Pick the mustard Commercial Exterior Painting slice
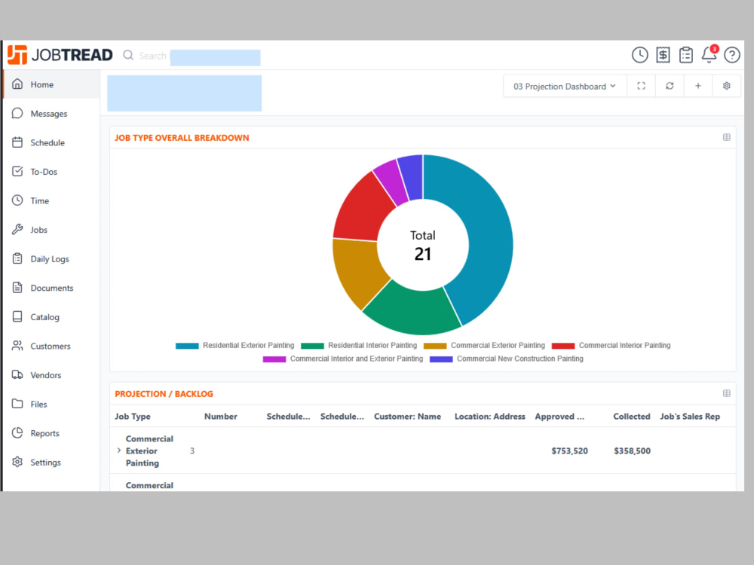click(x=358, y=271)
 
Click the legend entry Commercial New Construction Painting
click(x=507, y=359)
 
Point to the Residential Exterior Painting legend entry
click(x=235, y=346)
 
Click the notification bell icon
click(x=710, y=54)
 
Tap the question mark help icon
click(x=732, y=55)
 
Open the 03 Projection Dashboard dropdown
click(x=565, y=87)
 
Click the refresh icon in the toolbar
click(x=670, y=86)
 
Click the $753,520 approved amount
click(x=569, y=450)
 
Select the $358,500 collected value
click(x=632, y=450)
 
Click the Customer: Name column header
click(x=407, y=417)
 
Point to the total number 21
click(x=423, y=254)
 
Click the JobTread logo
click(x=60, y=55)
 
